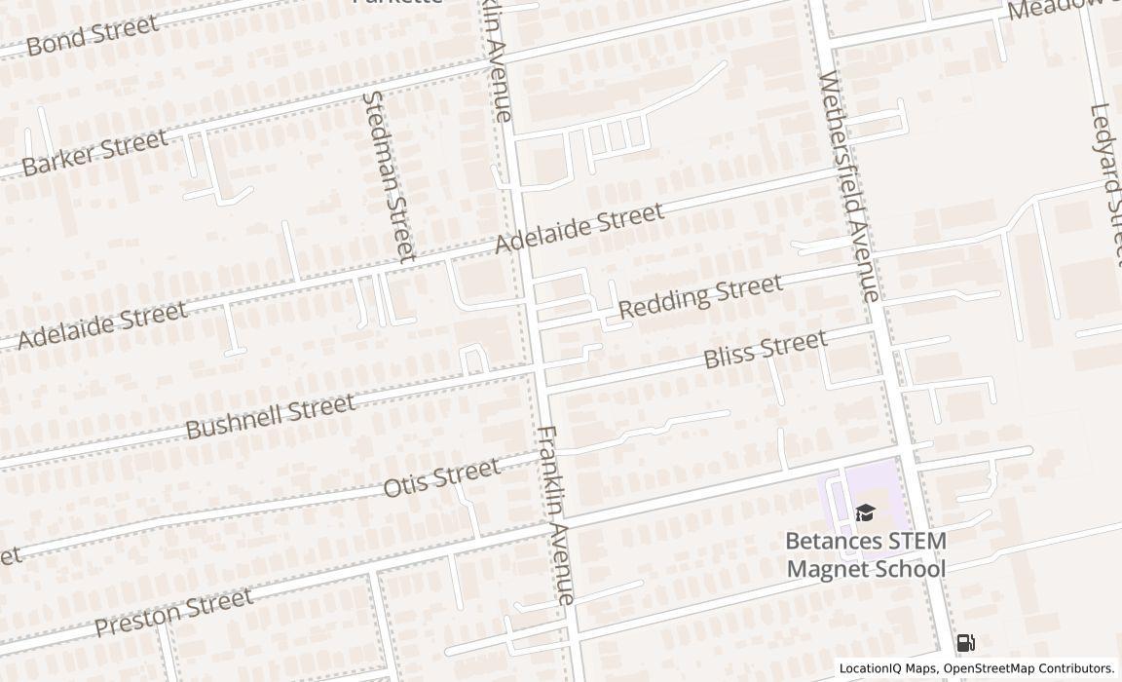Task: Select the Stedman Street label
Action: [x=389, y=176]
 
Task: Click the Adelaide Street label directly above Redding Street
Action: [x=580, y=227]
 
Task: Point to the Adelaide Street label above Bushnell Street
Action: [x=101, y=324]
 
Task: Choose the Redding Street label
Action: [x=700, y=296]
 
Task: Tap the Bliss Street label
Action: [x=765, y=349]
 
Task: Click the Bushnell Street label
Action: [x=270, y=416]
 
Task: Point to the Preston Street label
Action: [x=174, y=612]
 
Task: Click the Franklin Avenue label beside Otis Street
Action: [x=558, y=514]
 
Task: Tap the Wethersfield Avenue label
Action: [x=850, y=185]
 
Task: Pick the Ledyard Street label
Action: [x=1107, y=180]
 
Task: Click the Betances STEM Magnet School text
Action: [x=866, y=554]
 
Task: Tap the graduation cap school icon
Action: [x=865, y=513]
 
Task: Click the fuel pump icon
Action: [x=965, y=642]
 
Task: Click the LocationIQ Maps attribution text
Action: [x=888, y=668]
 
